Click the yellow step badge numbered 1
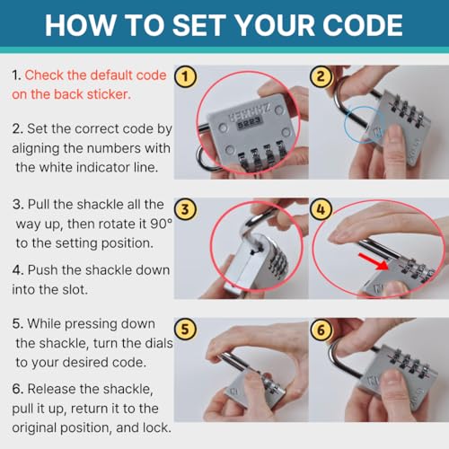185,76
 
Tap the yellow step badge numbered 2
321,76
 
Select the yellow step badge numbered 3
185,209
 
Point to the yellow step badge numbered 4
321,209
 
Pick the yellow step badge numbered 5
185,330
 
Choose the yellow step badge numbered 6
321,330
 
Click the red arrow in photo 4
374,262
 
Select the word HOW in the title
81,25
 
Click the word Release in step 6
52,389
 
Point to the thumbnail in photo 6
394,380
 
